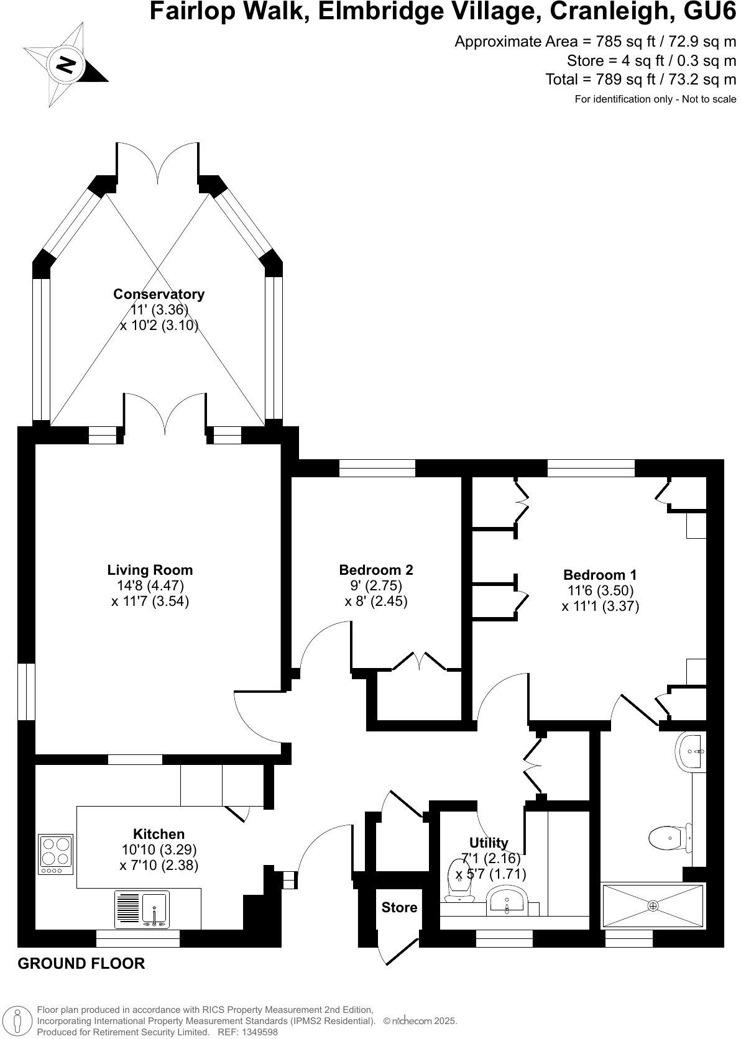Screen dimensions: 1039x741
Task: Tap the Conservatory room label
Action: coord(159,294)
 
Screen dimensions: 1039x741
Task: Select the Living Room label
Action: coord(150,570)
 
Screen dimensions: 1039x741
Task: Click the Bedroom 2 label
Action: coord(375,570)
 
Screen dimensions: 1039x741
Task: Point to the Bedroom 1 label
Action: coord(599,575)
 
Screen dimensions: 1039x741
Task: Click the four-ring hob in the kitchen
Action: coord(55,852)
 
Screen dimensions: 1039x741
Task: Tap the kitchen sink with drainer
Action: coord(142,910)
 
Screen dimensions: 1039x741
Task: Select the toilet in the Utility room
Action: coord(459,881)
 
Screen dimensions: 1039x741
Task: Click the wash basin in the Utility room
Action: coord(507,901)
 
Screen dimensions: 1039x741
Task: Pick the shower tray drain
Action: coord(653,905)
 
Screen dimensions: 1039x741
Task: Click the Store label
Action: coord(399,907)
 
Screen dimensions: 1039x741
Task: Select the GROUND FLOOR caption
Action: coord(81,964)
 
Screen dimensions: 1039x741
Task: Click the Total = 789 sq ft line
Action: coord(640,80)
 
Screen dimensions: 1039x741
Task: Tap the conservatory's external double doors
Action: coord(158,163)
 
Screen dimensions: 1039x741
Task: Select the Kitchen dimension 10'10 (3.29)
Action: coord(159,849)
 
